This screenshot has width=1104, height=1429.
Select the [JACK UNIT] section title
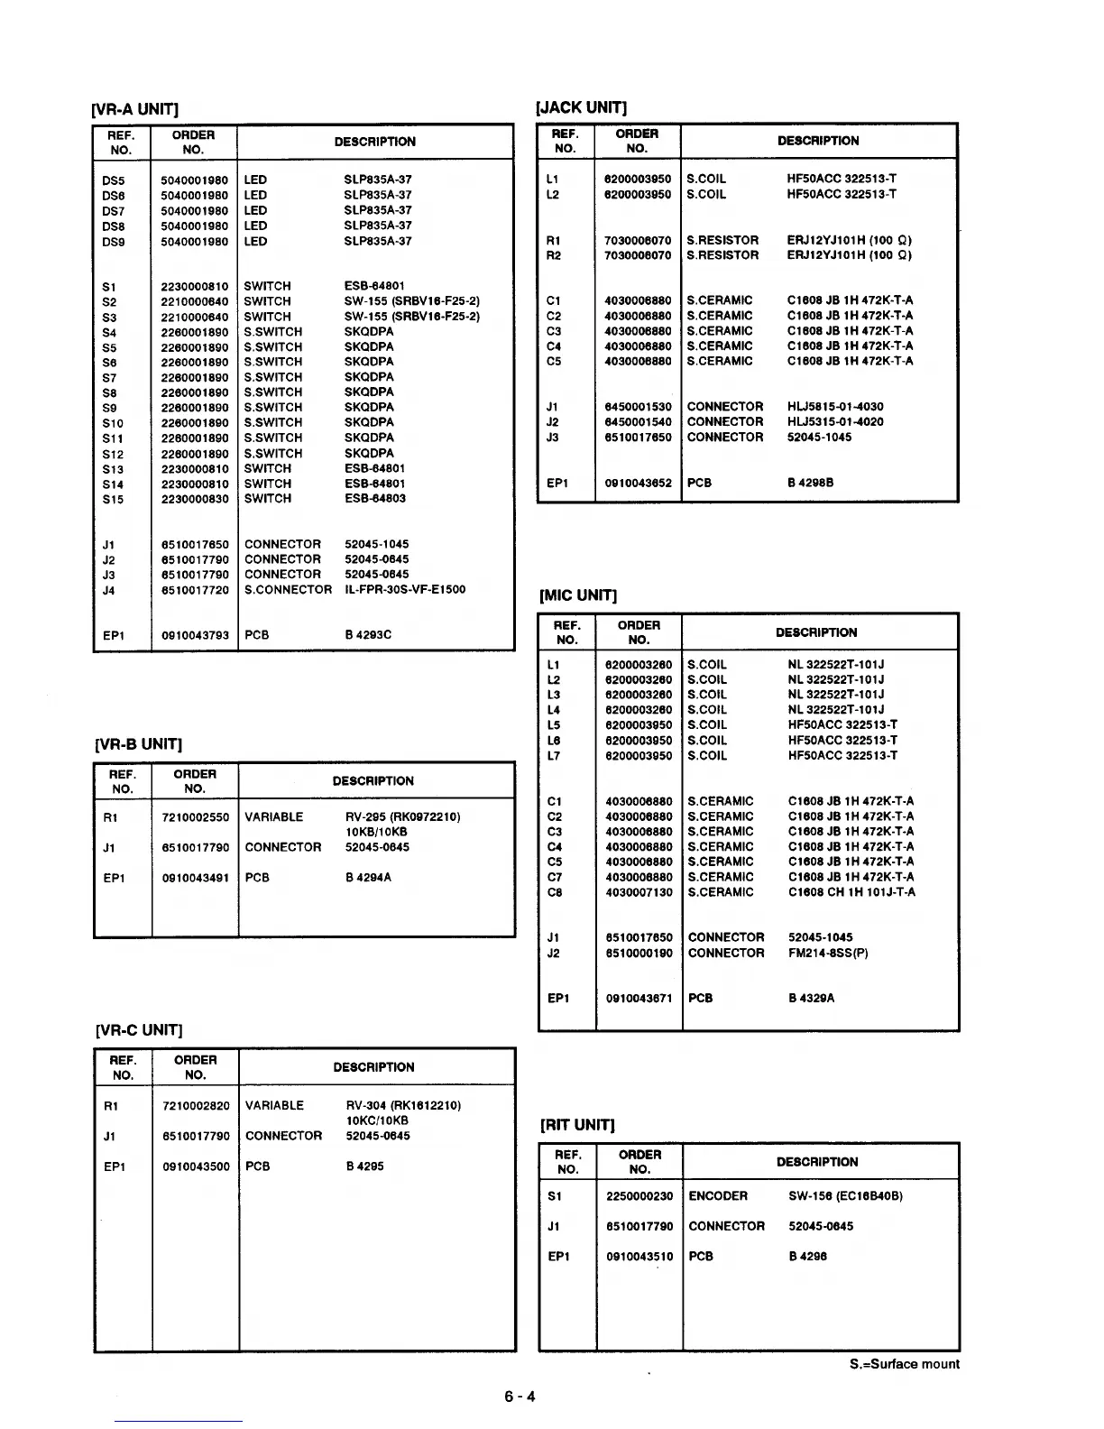[581, 108]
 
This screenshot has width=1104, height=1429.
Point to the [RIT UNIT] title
[577, 1125]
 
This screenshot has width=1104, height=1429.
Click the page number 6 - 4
[520, 1397]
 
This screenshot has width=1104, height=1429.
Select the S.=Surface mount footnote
[905, 1364]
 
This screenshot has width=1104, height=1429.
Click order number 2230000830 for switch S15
[195, 499]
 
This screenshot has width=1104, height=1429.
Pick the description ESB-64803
[375, 499]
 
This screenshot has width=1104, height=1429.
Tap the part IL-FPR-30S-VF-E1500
[405, 590]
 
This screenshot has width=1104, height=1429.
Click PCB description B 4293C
[368, 635]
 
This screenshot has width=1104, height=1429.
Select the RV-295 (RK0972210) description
[402, 817]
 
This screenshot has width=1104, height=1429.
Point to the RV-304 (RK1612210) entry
[403, 1106]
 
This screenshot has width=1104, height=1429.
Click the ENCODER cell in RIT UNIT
[718, 1196]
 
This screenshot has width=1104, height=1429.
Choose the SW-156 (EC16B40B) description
[845, 1196]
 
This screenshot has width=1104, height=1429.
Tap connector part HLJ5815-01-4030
[835, 407]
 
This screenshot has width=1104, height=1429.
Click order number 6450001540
[638, 422]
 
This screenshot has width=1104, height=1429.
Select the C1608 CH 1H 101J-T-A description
[851, 892]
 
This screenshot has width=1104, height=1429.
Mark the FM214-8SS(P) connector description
[828, 953]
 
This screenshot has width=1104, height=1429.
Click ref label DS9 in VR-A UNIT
[114, 242]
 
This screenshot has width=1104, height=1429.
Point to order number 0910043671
[639, 999]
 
